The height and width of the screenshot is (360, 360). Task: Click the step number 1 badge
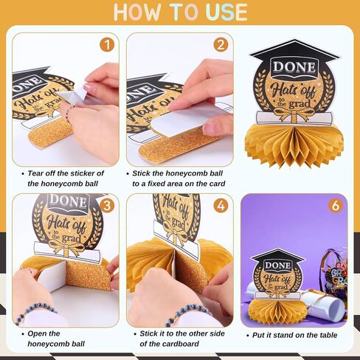pos(107,45)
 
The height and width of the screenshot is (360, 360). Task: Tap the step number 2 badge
pos(221,45)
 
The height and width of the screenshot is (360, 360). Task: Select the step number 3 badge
pos(107,206)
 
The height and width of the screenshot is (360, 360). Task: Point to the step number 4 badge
pos(221,206)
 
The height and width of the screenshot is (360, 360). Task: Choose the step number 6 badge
pos(336,206)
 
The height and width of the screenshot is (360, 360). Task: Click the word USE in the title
pos(226,13)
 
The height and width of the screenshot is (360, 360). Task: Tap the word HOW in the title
pos(137,13)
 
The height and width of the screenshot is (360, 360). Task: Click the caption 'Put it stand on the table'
pos(294,335)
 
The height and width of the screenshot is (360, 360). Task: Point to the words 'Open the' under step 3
pos(44,333)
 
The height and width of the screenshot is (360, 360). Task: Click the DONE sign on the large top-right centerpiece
pos(294,67)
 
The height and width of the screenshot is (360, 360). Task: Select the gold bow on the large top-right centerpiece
pos(294,114)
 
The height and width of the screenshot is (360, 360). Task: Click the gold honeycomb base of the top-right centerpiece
pos(294,145)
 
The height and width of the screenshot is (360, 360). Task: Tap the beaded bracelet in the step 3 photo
pos(35,313)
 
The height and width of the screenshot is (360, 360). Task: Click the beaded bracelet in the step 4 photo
pos(187,315)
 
